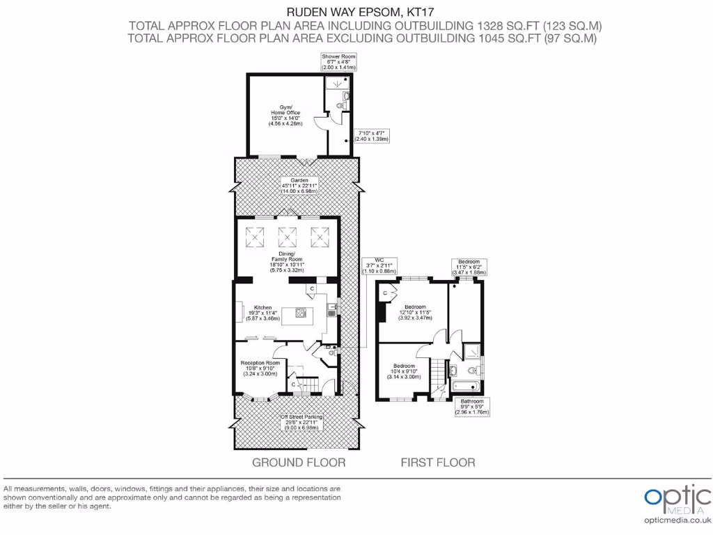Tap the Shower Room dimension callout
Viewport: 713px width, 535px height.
338,61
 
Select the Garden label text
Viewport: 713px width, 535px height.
299,185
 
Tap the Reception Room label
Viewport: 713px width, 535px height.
260,368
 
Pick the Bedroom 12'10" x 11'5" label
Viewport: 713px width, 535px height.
414,312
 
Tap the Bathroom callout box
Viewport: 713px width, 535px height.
471,407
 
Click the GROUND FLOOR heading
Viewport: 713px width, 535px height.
298,462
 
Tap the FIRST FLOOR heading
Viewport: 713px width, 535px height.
437,462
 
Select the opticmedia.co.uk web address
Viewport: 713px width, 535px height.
677,520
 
